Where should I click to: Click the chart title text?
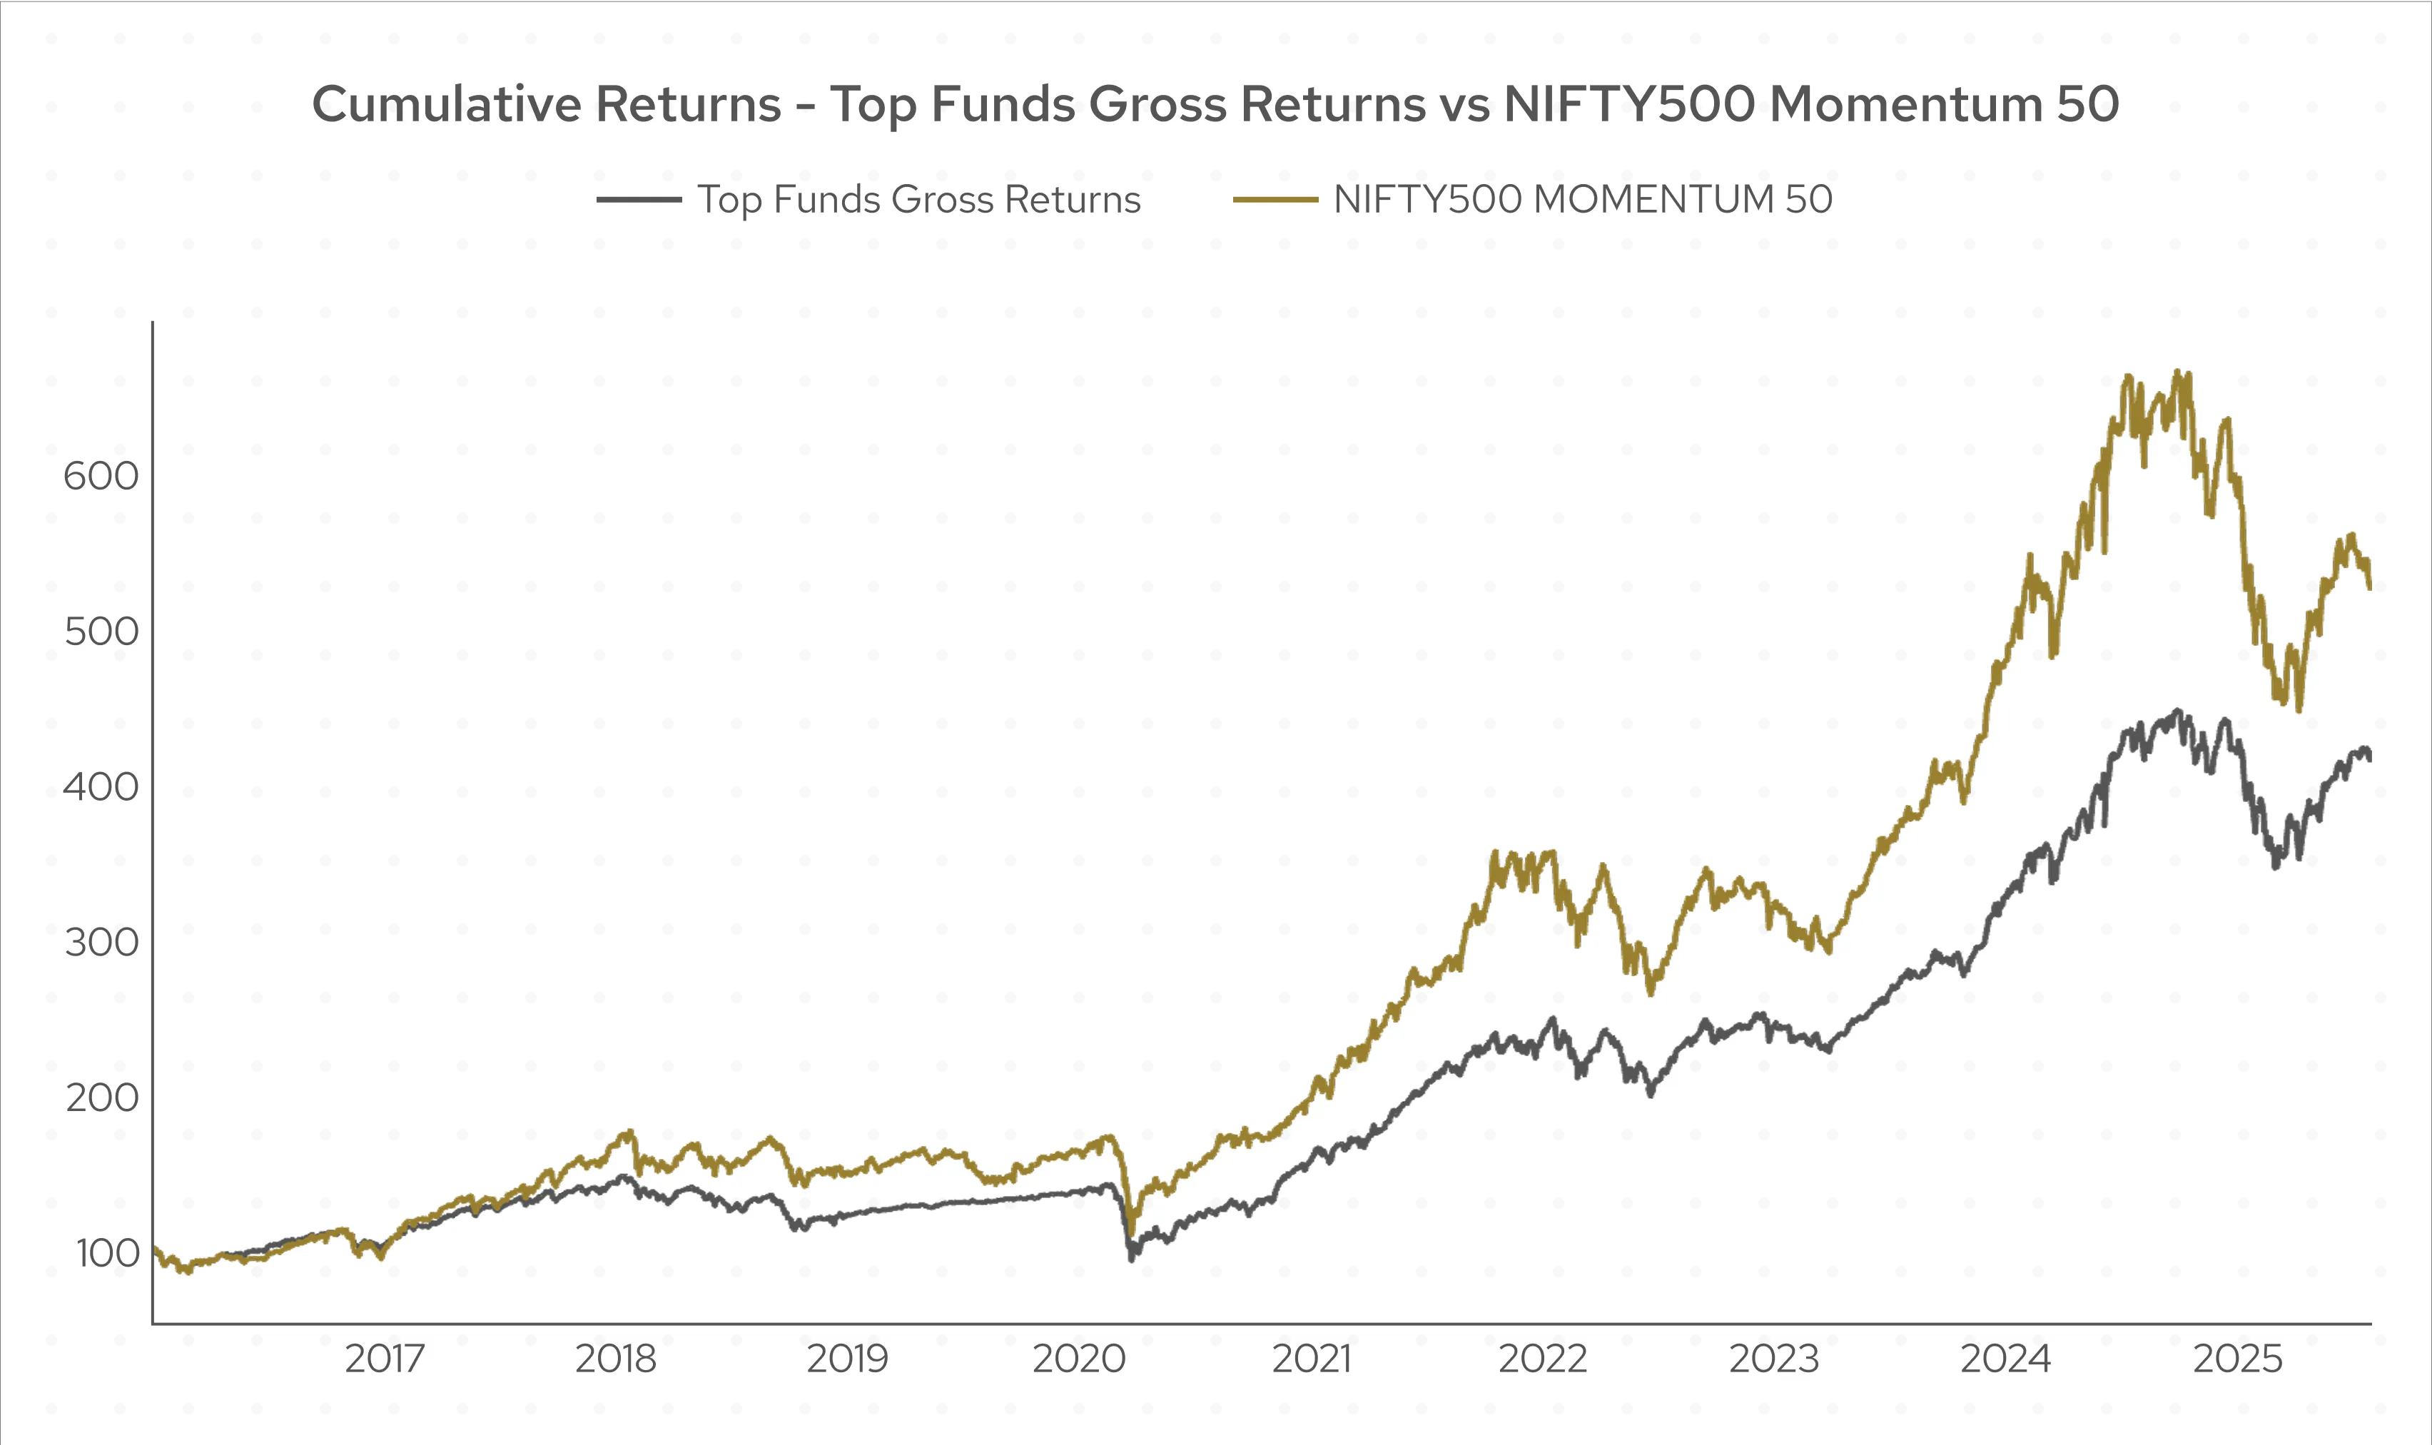coord(1215,104)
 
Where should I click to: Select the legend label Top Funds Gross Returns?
coord(918,200)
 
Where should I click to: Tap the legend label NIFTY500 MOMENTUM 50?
coord(1583,200)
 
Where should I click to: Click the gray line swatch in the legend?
coord(639,200)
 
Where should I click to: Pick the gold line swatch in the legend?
coord(1275,200)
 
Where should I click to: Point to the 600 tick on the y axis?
coord(101,476)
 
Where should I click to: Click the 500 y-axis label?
coord(101,632)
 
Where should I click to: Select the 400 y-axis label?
coord(101,787)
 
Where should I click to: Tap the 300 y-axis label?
coord(101,943)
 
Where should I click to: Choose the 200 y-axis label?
coord(101,1098)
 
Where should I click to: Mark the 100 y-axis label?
coord(107,1253)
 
